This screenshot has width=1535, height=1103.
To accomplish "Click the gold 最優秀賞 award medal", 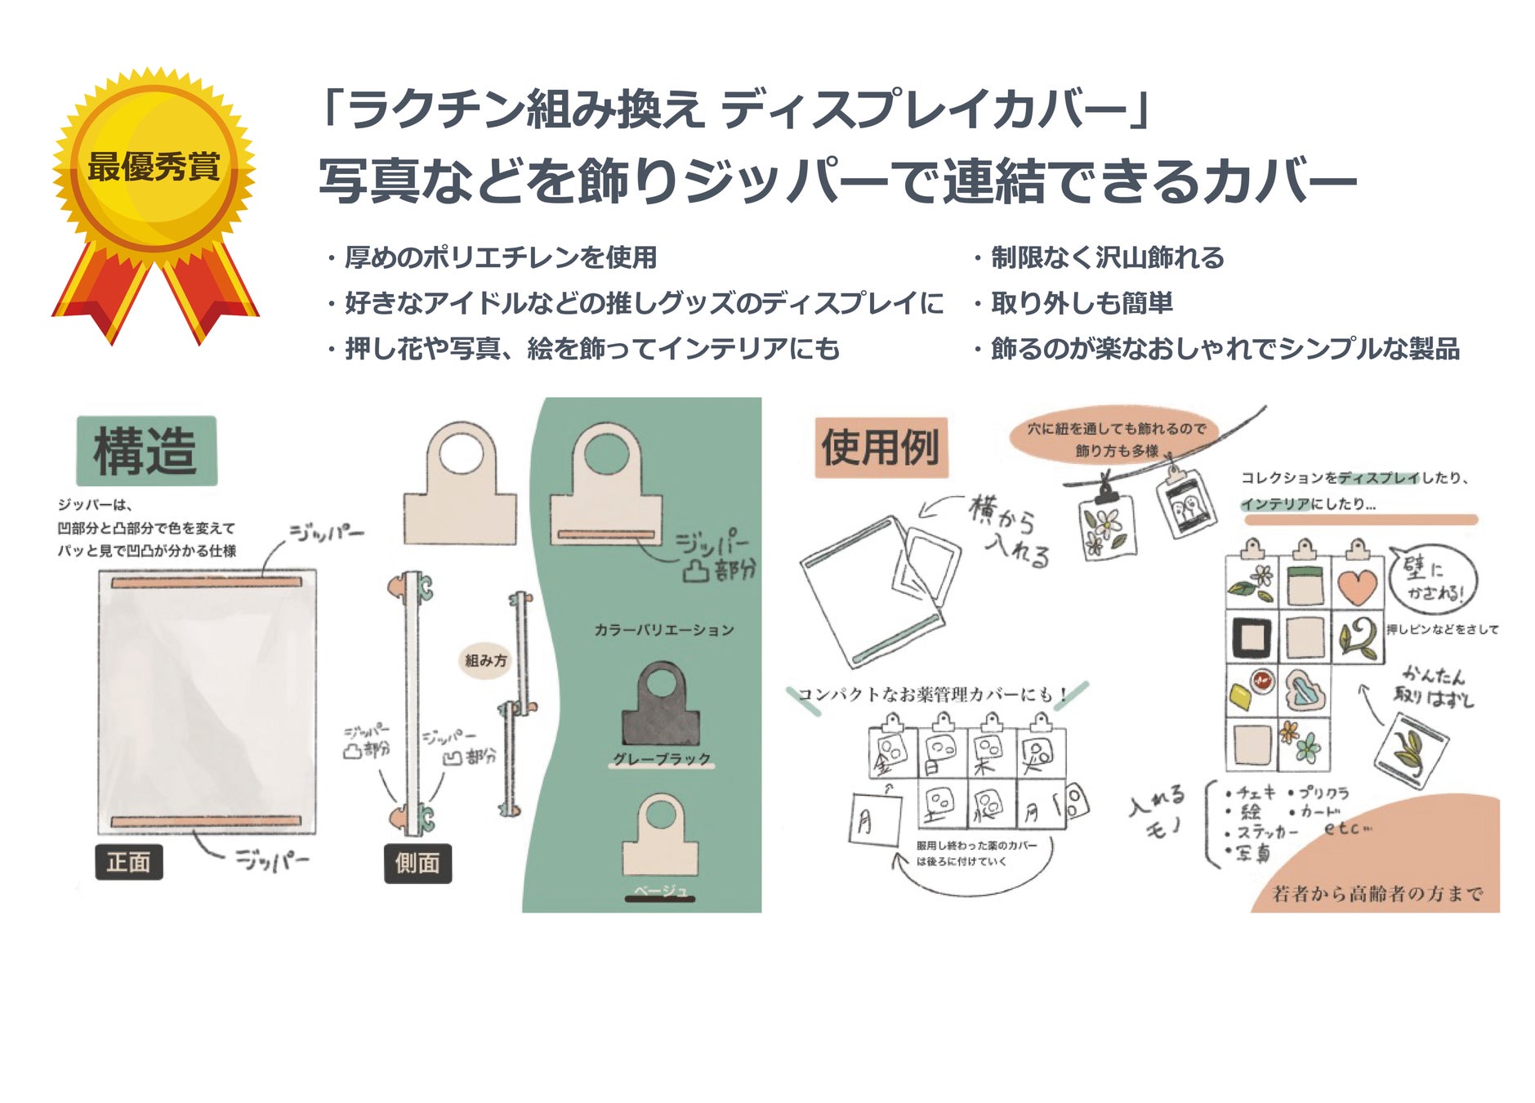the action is [154, 167].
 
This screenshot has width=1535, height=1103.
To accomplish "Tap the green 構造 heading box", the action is [146, 451].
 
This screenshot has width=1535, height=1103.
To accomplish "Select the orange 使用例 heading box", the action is [881, 448].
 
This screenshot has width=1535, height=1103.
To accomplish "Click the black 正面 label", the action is [129, 862].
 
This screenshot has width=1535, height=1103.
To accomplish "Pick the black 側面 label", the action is [417, 863].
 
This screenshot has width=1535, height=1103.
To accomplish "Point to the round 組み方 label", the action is [486, 660].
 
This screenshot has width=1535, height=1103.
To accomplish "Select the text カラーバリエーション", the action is [663, 630].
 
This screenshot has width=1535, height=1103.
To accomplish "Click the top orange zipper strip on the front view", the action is [207, 583].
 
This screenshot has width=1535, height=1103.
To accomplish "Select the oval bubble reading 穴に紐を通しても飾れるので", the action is [1116, 439].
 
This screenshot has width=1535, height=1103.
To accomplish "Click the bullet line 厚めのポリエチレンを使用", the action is [500, 257].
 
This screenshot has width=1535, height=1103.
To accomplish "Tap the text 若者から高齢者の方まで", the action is [1377, 894].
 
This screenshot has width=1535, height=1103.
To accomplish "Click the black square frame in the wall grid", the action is [1252, 636].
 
